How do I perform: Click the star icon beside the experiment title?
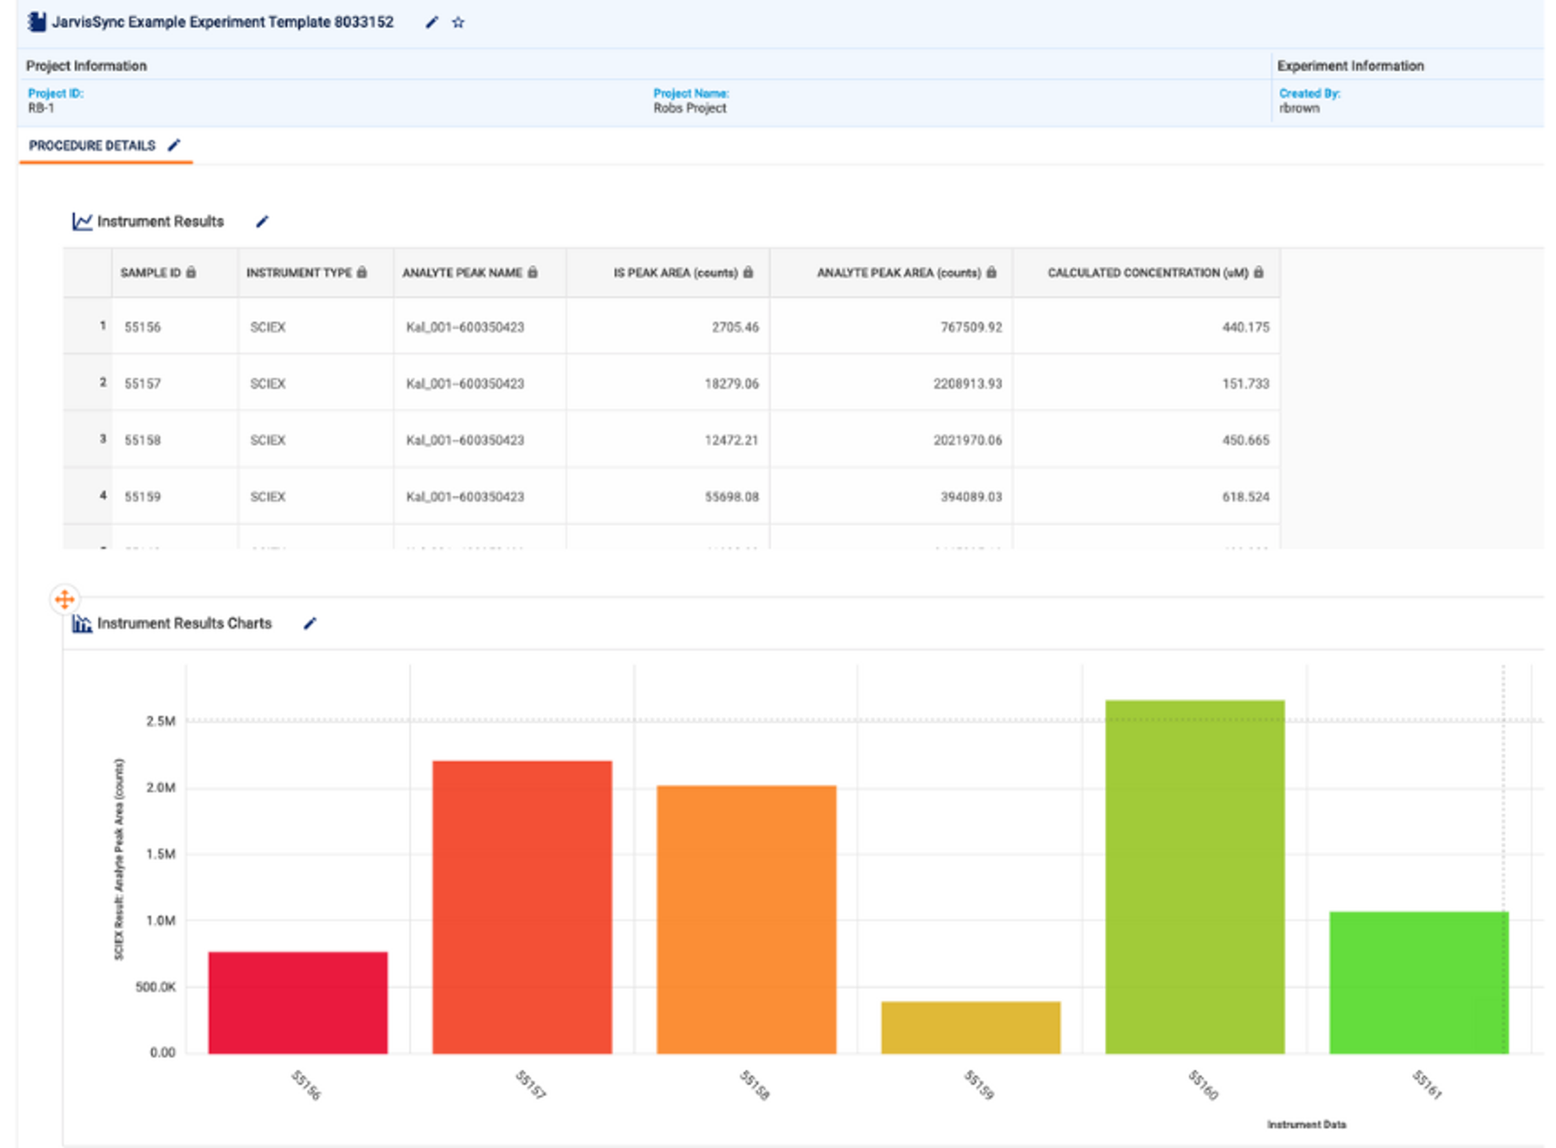[x=457, y=22]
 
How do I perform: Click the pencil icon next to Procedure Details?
[x=174, y=145]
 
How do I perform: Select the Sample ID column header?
[x=151, y=273]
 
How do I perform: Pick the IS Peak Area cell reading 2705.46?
[x=735, y=327]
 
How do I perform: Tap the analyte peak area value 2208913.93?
[x=967, y=383]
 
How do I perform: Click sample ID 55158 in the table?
[x=143, y=440]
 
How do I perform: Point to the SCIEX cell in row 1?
[x=268, y=327]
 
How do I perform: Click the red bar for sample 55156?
[x=297, y=1002]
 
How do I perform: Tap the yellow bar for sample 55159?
[x=970, y=1027]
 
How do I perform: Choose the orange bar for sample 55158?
[x=746, y=919]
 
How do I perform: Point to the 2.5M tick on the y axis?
[x=160, y=721]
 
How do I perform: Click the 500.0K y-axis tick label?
[x=156, y=987]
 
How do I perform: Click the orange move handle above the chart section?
[x=65, y=599]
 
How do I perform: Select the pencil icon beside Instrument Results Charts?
[x=310, y=623]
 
